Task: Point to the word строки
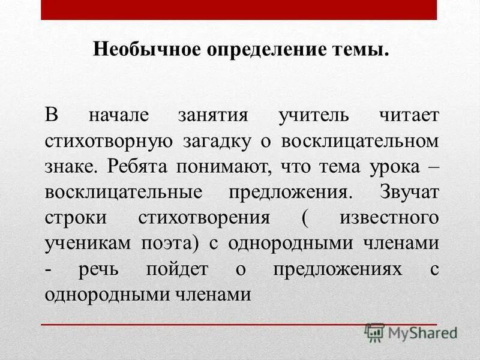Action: tap(73, 217)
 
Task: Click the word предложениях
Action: tap(337, 269)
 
